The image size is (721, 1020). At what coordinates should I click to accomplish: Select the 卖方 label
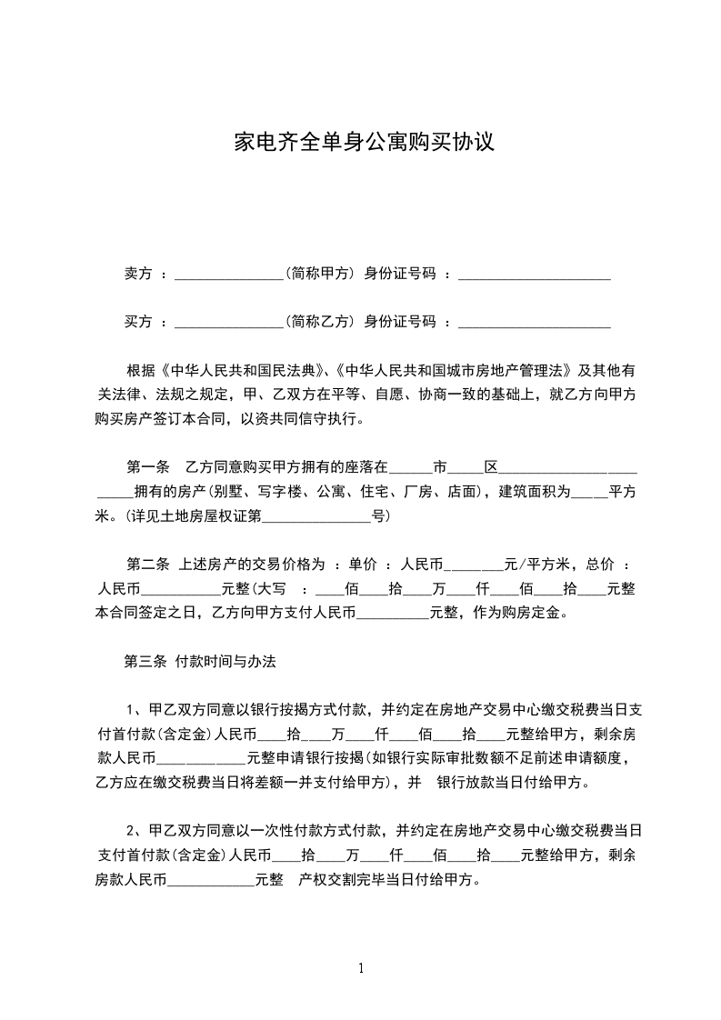[137, 273]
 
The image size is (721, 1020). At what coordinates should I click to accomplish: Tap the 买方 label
[137, 321]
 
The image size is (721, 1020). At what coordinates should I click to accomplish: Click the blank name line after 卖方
[228, 275]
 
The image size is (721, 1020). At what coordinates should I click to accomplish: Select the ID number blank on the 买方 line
[534, 323]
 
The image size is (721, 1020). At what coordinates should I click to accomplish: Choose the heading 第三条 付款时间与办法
[199, 662]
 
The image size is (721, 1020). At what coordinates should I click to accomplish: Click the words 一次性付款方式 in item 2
[315, 831]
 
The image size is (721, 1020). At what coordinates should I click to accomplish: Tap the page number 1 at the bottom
[361, 968]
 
